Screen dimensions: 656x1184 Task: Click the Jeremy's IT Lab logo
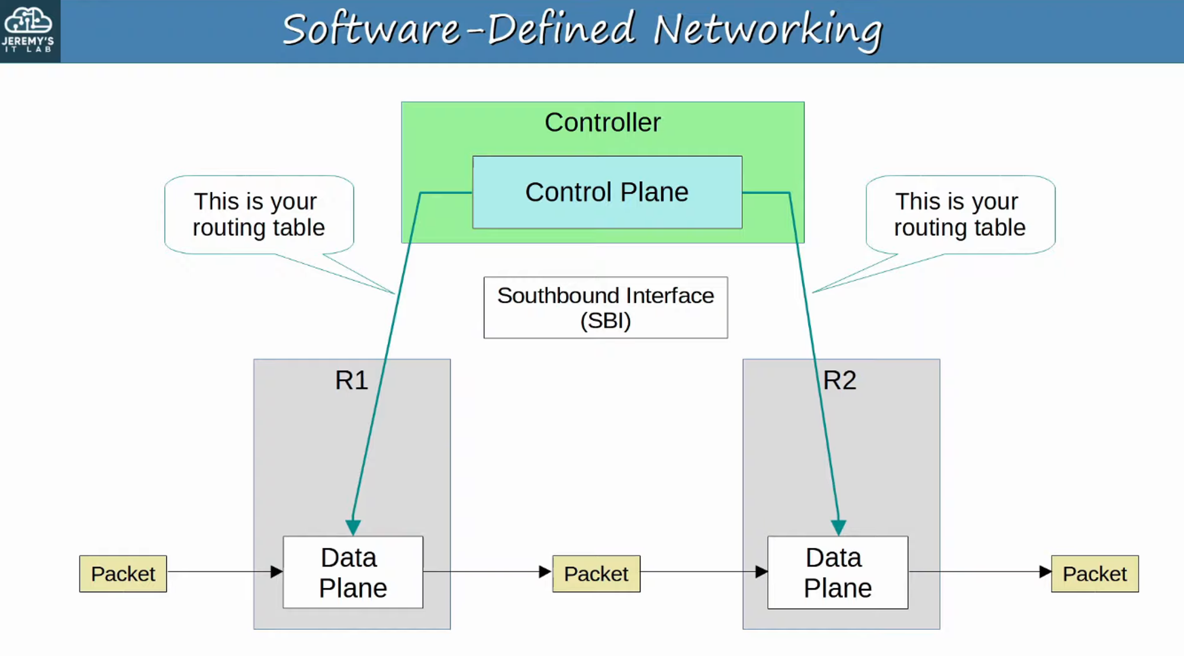(29, 30)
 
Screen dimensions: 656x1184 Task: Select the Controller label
(602, 123)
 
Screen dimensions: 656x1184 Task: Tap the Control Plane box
(607, 192)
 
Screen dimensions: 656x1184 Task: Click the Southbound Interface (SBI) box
(606, 308)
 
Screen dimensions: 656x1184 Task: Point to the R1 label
(351, 380)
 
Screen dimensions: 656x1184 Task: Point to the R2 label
(839, 380)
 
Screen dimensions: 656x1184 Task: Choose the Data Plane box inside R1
(353, 572)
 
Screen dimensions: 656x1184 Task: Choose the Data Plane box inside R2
(838, 572)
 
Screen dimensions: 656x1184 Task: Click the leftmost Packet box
(123, 574)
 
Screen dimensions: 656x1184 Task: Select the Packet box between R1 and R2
(596, 574)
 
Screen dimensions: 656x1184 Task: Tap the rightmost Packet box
(1095, 574)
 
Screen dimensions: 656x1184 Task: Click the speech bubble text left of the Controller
(259, 215)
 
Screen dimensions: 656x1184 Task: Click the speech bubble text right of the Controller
(960, 215)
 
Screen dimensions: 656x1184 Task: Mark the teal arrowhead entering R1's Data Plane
(353, 527)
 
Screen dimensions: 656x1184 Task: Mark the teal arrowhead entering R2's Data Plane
(838, 527)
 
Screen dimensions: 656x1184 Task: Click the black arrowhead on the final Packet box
(1045, 572)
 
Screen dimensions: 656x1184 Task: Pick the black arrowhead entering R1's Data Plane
(276, 572)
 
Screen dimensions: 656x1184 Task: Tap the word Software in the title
(371, 30)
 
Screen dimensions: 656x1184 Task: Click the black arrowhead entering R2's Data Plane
(761, 572)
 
